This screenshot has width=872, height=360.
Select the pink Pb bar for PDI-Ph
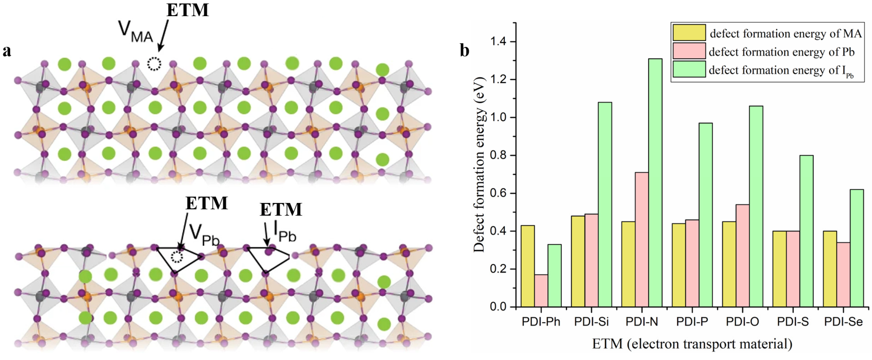(x=541, y=291)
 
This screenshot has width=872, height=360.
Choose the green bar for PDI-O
(x=756, y=206)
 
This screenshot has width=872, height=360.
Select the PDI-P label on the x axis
(x=692, y=321)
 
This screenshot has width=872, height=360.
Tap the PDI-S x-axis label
(x=793, y=321)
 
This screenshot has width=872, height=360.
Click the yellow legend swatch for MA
(x=689, y=33)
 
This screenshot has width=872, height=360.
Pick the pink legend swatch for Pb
(x=689, y=51)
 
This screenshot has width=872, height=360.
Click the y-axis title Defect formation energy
(x=479, y=165)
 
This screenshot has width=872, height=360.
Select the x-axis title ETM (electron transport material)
(x=692, y=344)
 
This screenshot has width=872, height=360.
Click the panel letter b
(x=464, y=51)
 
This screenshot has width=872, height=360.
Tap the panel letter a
(x=7, y=51)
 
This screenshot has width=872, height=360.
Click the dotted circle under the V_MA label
(x=154, y=64)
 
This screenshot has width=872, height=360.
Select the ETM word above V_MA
(x=188, y=10)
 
